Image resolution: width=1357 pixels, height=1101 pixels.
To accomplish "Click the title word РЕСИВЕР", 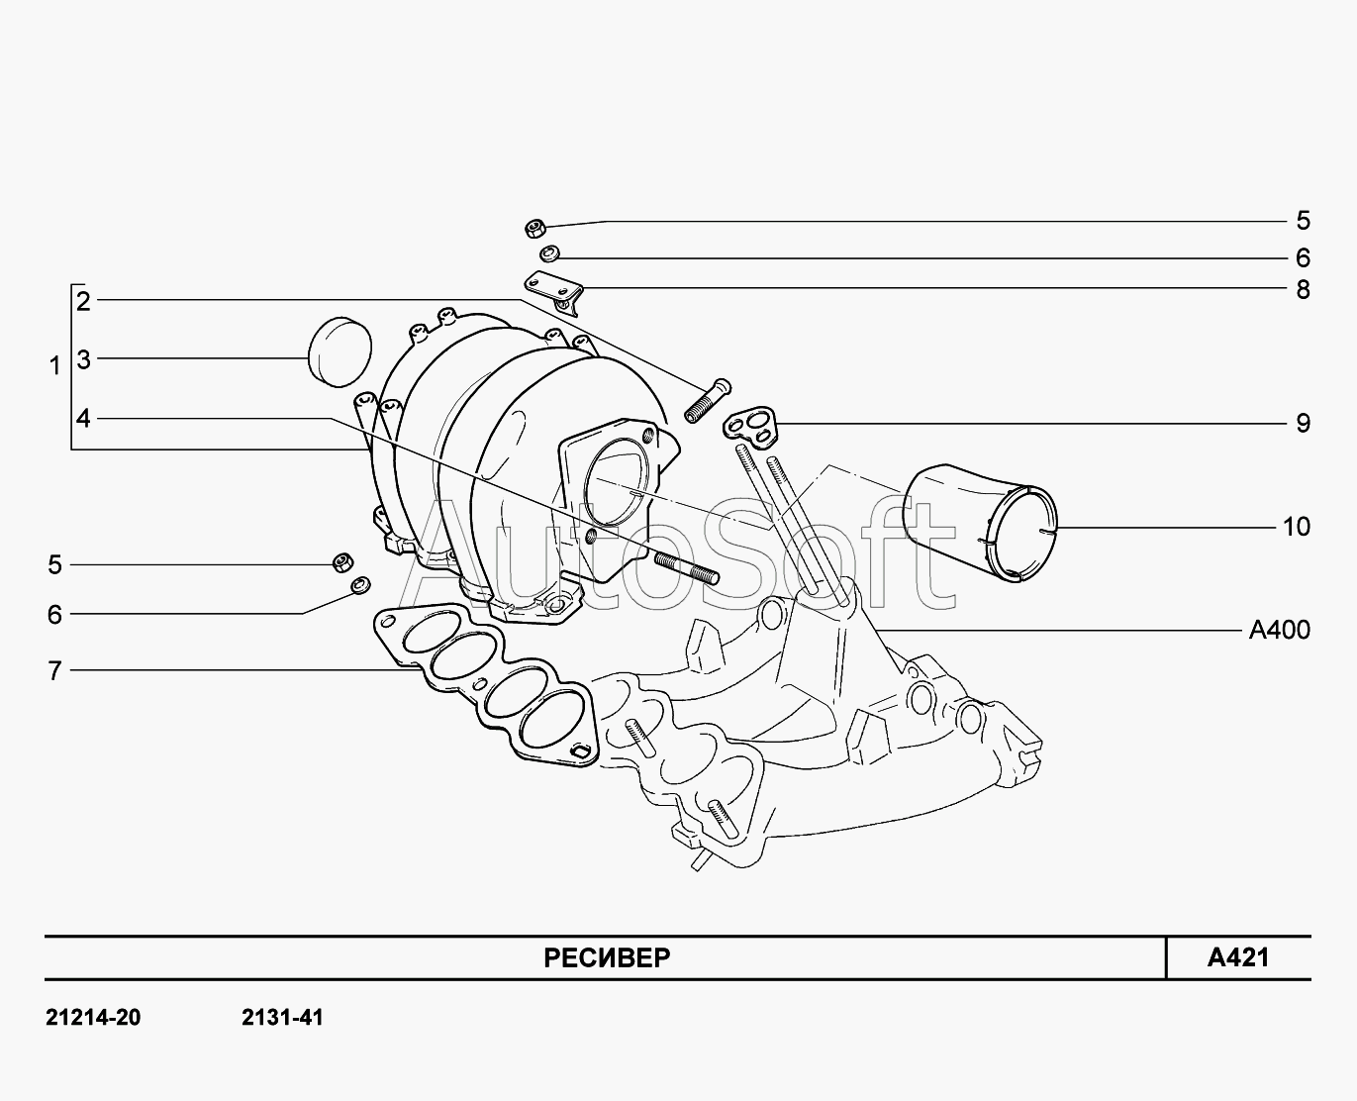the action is pyautogui.click(x=607, y=957).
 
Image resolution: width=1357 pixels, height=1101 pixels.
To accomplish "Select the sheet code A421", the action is pyautogui.click(x=1238, y=957).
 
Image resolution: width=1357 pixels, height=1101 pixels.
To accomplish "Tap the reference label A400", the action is pyautogui.click(x=1279, y=630).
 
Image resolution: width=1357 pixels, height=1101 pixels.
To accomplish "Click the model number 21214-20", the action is pyautogui.click(x=93, y=1018).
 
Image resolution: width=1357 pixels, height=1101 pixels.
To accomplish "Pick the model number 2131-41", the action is pyautogui.click(x=282, y=1018).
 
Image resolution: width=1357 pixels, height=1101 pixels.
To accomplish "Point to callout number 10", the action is pyautogui.click(x=1296, y=527).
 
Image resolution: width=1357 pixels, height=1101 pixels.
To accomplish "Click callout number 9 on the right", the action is pyautogui.click(x=1303, y=423).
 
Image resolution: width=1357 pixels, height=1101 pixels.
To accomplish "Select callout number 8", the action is pyautogui.click(x=1303, y=290).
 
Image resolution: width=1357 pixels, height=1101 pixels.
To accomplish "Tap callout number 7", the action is pyautogui.click(x=54, y=671).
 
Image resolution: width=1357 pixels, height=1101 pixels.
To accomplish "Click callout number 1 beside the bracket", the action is pyautogui.click(x=54, y=366).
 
